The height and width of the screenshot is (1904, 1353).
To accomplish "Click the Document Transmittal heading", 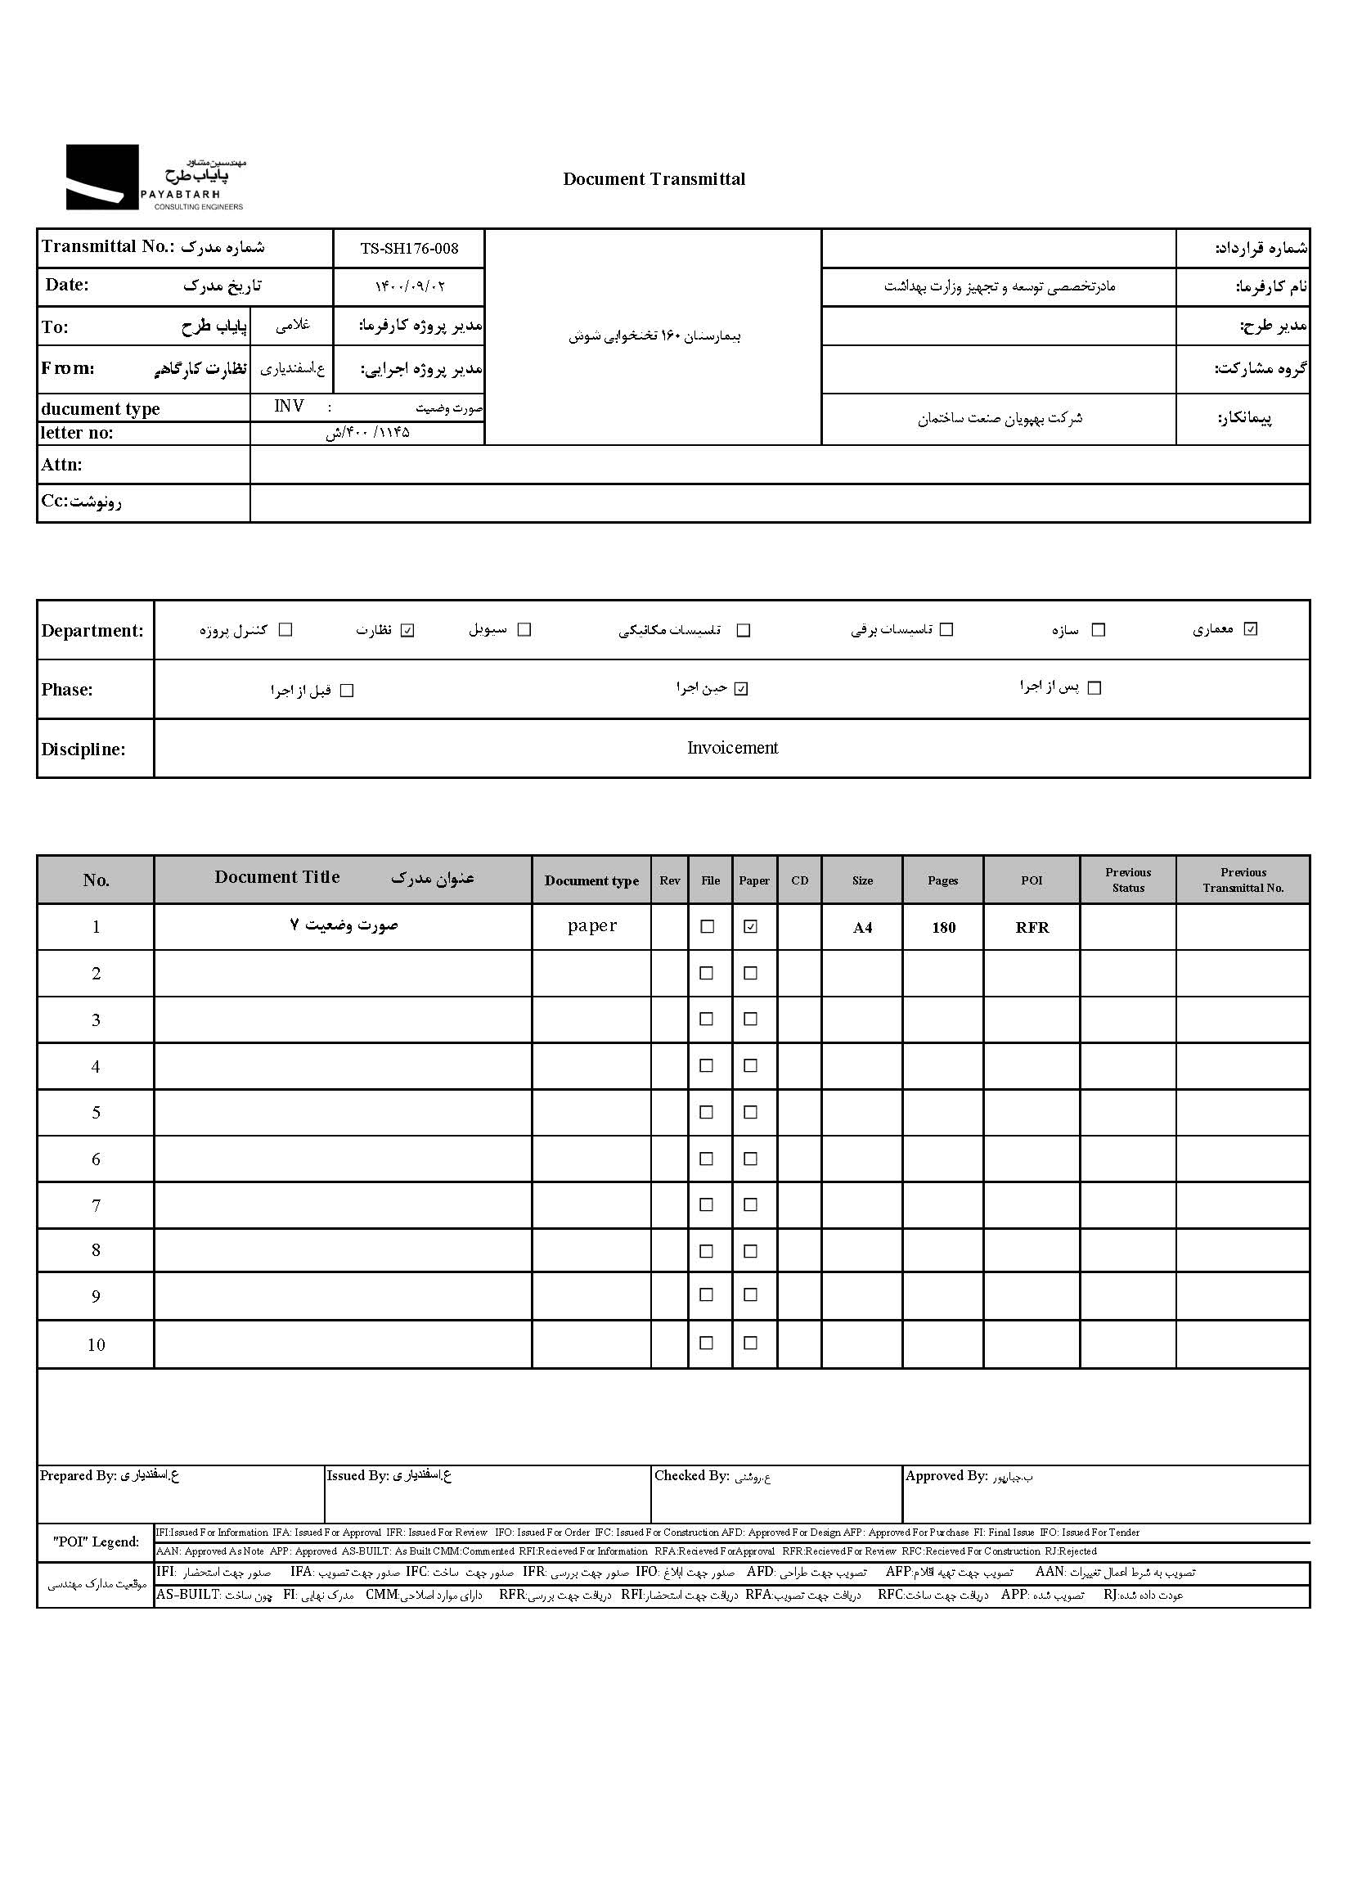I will [x=654, y=179].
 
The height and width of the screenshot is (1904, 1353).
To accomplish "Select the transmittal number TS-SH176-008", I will [x=409, y=248].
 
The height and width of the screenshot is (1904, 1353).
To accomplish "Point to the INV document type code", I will [x=289, y=406].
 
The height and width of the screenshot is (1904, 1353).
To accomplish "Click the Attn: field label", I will [x=61, y=465].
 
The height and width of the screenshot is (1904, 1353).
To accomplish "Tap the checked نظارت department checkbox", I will [x=407, y=630].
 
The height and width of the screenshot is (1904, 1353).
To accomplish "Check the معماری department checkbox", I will [x=1250, y=629].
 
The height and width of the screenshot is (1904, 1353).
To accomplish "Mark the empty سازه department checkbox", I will [x=1098, y=630].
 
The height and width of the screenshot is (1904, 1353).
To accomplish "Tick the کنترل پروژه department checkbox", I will [x=285, y=630].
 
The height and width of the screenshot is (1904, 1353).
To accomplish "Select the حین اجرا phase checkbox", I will [x=741, y=689].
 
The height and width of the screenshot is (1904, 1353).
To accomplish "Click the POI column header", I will [x=1032, y=880].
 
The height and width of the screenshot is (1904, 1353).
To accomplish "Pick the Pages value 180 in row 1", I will [x=943, y=928].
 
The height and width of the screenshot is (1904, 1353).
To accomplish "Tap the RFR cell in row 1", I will [x=1032, y=928].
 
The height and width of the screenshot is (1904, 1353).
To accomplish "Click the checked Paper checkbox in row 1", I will [x=751, y=926].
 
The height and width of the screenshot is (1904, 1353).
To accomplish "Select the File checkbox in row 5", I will [x=707, y=1113].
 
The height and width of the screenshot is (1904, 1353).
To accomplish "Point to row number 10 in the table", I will [x=96, y=1345].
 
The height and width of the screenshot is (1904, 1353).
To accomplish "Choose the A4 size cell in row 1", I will [x=862, y=928].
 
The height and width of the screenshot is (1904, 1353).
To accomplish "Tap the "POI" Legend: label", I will [x=96, y=1542].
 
